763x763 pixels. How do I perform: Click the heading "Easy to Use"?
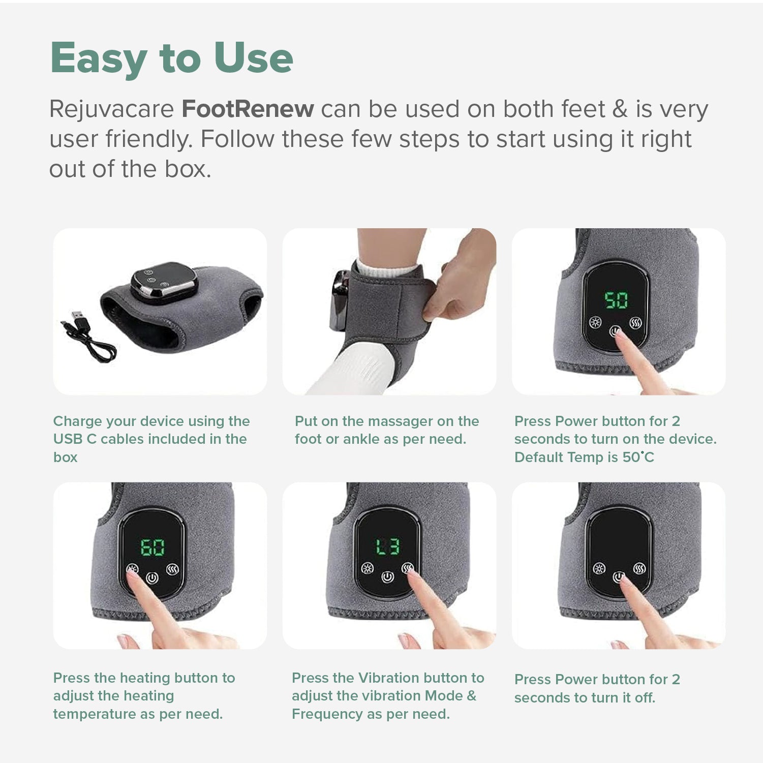coord(171,58)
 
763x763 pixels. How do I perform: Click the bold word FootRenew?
coord(248,109)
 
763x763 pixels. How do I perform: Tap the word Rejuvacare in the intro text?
coord(111,109)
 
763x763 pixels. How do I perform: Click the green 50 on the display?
coord(616,300)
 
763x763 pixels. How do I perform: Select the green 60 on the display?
coord(152,547)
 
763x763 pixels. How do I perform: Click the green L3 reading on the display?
coord(387,547)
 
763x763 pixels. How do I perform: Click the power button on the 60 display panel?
coord(152,578)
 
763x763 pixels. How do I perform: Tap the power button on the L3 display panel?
coord(387,577)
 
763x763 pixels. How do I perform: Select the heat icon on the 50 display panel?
coord(635,323)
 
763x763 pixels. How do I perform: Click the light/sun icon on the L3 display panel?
coord(367,568)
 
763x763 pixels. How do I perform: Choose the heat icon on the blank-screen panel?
coord(639,568)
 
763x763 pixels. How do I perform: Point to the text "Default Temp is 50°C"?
coord(584,457)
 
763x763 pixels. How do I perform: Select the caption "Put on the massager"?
coord(386,430)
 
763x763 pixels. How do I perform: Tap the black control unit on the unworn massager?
coord(164,282)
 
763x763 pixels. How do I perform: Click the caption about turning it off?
coord(597,688)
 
